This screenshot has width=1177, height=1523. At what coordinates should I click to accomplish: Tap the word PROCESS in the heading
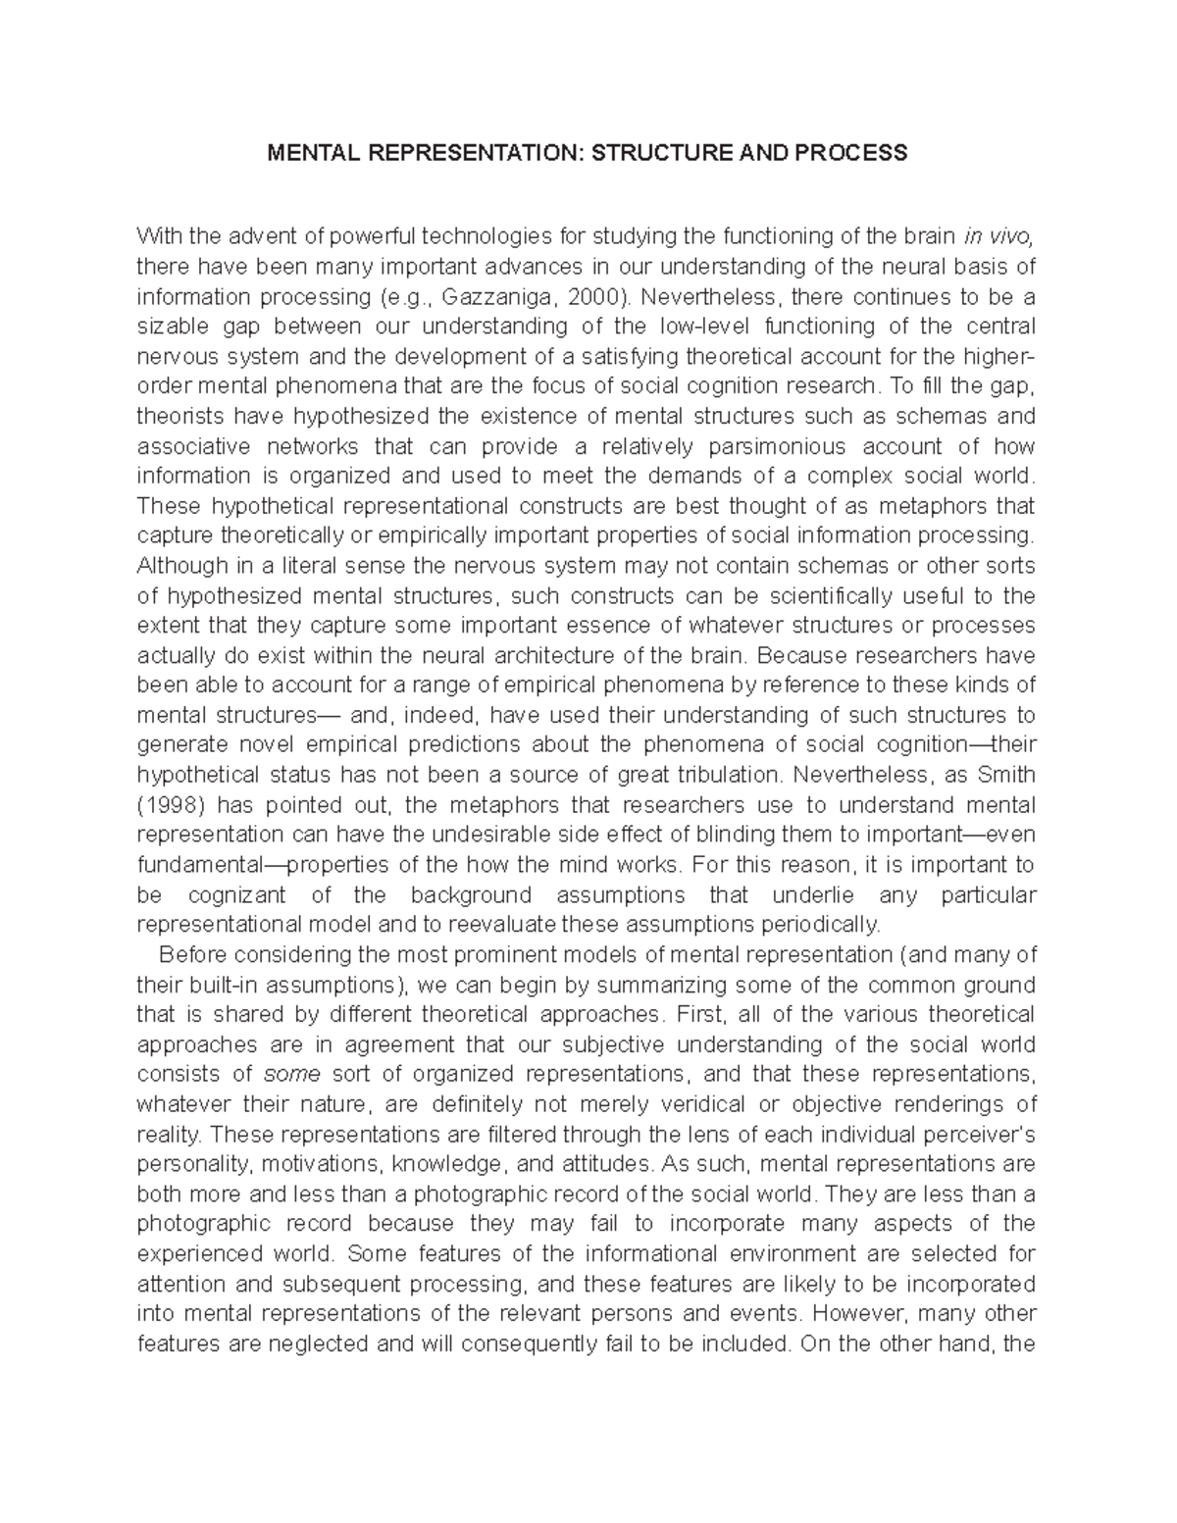point(857,153)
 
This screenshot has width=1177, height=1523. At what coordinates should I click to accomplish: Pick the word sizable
point(174,326)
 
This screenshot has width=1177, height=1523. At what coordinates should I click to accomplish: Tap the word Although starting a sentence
point(183,566)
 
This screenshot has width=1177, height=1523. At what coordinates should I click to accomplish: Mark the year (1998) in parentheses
point(170,805)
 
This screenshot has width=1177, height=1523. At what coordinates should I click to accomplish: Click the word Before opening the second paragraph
point(192,954)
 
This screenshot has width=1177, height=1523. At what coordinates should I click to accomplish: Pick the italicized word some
point(289,1074)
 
